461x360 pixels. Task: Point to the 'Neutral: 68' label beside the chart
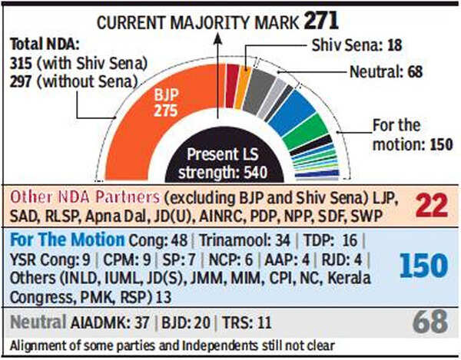[383, 74]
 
